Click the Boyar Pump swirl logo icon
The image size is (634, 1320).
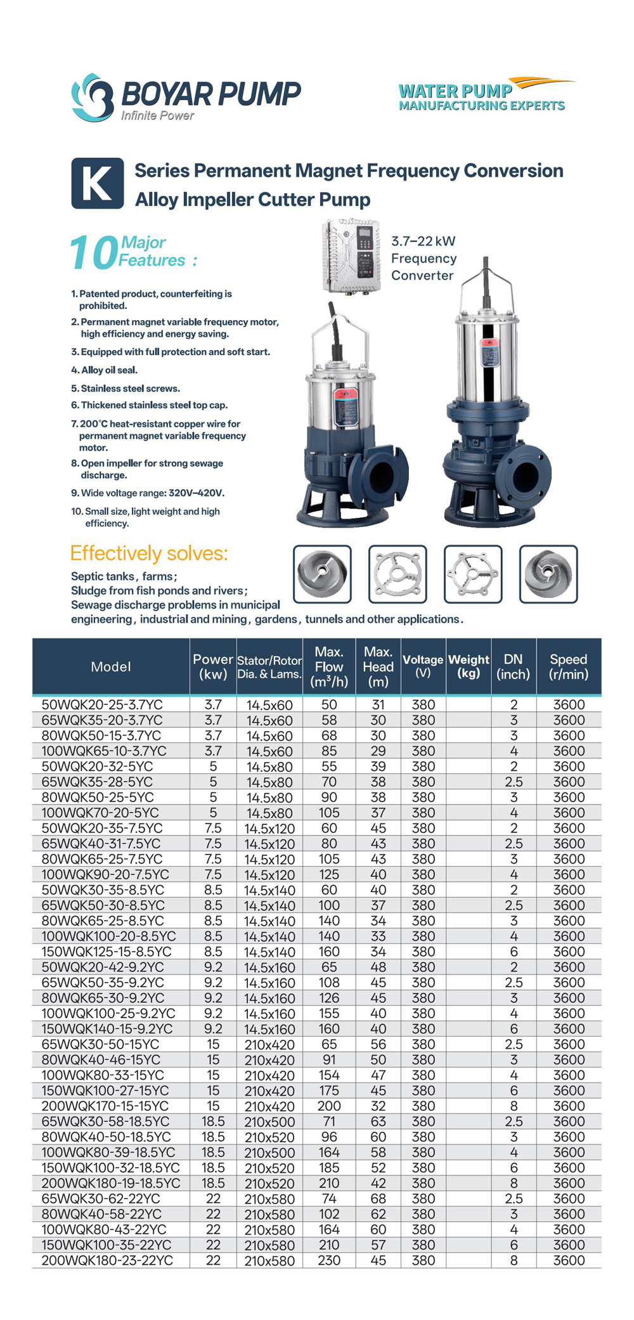(92, 97)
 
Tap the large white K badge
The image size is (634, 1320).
(97, 183)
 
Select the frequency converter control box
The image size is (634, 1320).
(351, 256)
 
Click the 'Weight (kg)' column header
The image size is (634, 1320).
(469, 666)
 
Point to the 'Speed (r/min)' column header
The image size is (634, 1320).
(568, 666)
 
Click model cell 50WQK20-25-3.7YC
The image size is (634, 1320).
(102, 704)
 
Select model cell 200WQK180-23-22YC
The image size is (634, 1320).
(107, 1260)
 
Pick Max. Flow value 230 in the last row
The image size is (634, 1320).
(329, 1260)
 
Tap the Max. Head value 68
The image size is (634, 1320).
(378, 1199)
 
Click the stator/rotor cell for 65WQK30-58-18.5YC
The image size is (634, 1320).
(269, 1122)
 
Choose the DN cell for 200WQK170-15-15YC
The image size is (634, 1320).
(514, 1106)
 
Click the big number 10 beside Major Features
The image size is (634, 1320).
(93, 253)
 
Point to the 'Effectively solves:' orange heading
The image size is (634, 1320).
(149, 553)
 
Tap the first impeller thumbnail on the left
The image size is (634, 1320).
(322, 574)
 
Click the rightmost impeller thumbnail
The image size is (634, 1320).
(548, 574)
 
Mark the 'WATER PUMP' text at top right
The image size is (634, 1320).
(455, 91)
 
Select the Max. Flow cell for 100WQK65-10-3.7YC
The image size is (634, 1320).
(329, 751)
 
